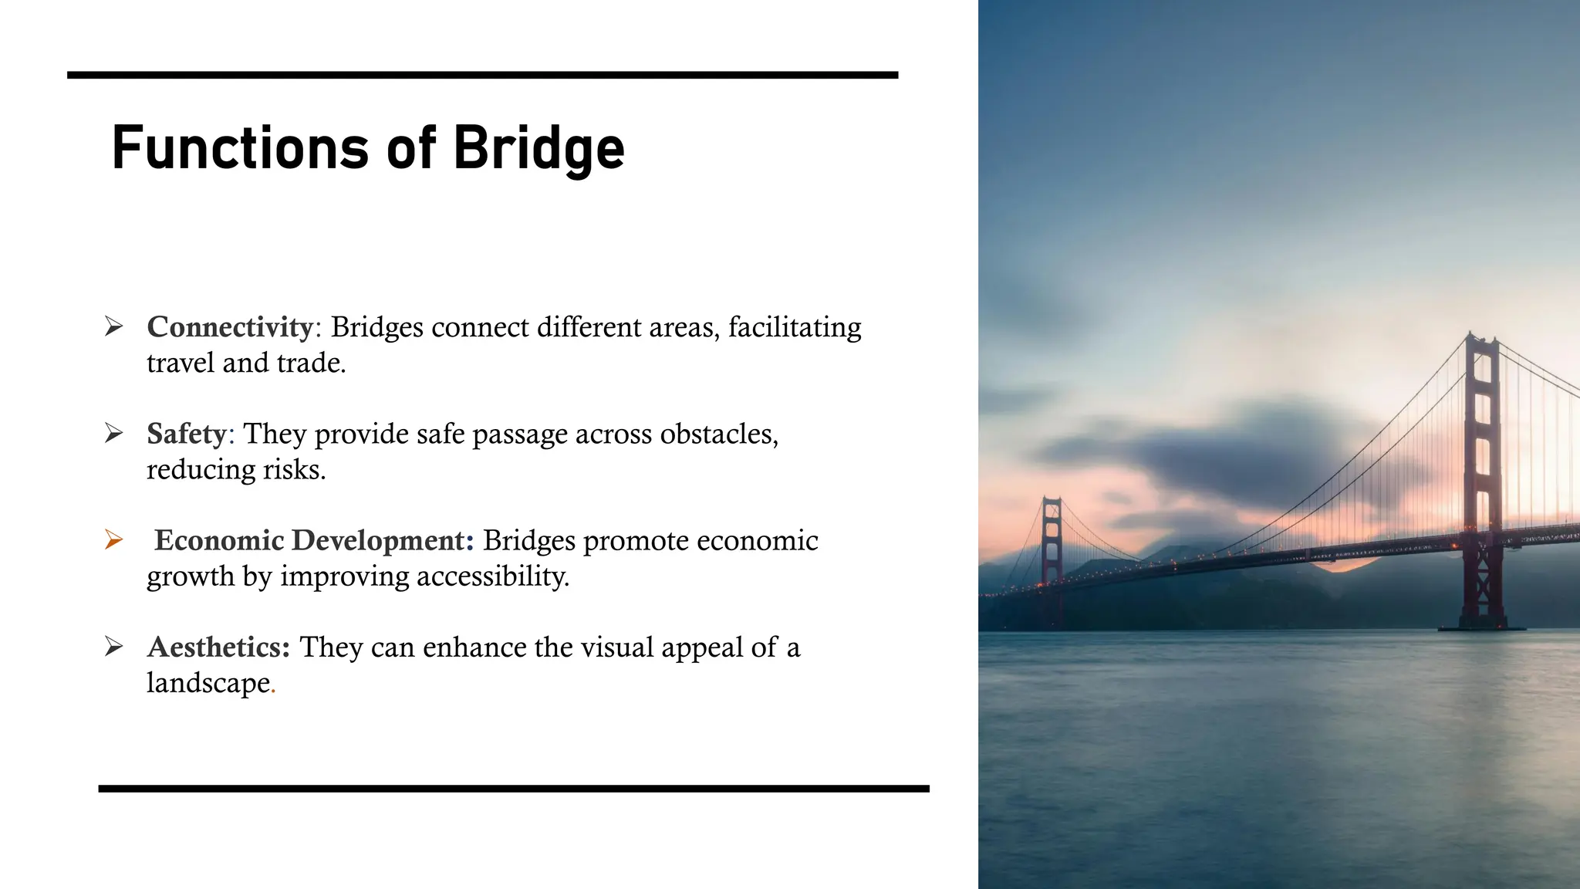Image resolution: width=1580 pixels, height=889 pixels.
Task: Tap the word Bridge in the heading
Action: [x=538, y=149]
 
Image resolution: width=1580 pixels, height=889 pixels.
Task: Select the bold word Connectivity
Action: [x=230, y=327]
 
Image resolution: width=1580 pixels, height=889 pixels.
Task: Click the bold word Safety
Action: [x=186, y=434]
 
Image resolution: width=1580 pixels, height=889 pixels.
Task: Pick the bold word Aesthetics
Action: [x=218, y=647]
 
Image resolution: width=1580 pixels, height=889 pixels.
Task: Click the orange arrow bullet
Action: [x=113, y=539]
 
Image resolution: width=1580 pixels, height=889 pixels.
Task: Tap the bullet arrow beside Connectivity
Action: [x=113, y=326]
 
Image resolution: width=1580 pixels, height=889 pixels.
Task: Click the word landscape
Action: [x=208, y=683]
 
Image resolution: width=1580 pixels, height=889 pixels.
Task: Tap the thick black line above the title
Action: [x=482, y=75]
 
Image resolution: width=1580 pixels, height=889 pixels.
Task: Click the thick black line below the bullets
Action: [x=514, y=789]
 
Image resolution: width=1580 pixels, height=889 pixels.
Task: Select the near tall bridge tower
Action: [x=1481, y=478]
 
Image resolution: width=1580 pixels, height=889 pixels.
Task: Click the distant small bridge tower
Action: [x=1052, y=556]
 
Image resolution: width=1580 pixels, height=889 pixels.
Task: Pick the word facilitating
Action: [x=795, y=327]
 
